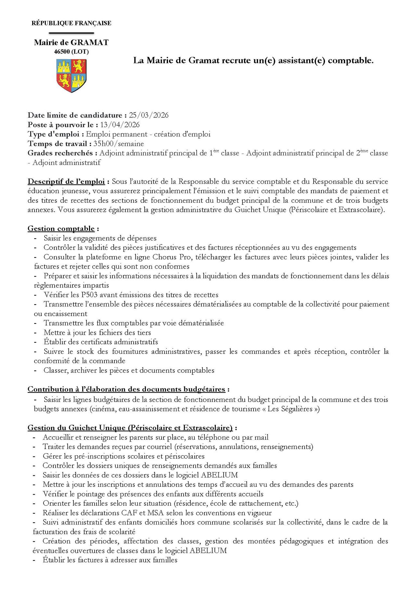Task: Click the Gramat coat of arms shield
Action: tap(71, 75)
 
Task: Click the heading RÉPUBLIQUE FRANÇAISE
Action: tap(71, 23)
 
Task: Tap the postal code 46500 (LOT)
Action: tap(71, 52)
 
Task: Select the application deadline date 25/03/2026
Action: tap(149, 115)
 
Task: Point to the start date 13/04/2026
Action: tap(120, 125)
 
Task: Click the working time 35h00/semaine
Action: tap(118, 144)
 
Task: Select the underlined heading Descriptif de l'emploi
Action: tap(66, 181)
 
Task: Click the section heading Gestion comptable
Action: tap(61, 228)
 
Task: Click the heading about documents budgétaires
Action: tap(126, 389)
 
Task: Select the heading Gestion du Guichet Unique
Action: tap(130, 428)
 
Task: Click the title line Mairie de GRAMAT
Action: tap(71, 42)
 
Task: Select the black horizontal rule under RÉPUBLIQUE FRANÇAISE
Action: tap(71, 33)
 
